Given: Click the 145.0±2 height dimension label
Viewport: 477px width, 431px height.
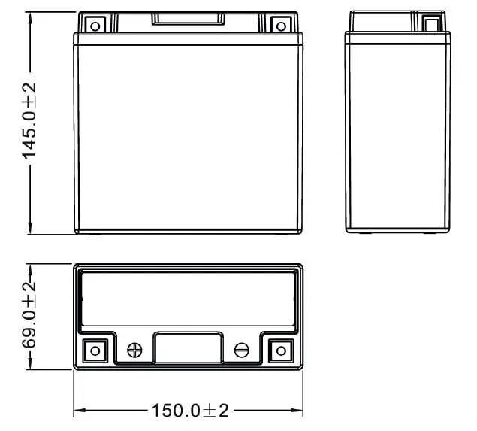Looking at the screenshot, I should click(x=30, y=122).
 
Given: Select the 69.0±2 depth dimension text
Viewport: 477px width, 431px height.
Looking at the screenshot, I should click(x=30, y=317).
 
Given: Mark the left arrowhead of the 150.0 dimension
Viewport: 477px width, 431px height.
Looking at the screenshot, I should click(x=78, y=411).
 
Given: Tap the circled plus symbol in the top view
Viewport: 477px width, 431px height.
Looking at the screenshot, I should click(x=135, y=350).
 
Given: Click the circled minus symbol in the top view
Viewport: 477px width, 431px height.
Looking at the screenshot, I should click(x=242, y=350).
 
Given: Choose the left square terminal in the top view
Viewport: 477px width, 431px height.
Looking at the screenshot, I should click(x=95, y=350).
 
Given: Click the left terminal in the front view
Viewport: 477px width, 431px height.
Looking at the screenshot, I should click(x=95, y=23).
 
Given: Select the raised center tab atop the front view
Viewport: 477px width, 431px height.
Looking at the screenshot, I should click(x=189, y=18).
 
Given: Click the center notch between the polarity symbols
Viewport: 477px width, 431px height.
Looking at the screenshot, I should click(x=189, y=351).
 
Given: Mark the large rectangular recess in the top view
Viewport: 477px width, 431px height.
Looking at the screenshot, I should click(x=189, y=300).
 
